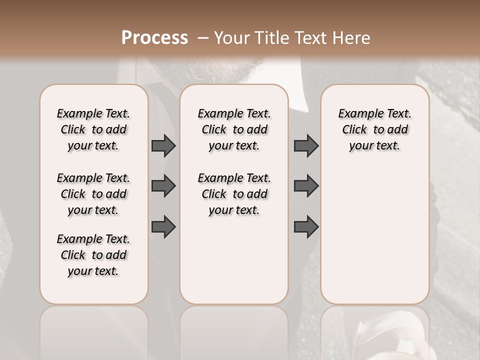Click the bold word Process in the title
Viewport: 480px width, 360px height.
[x=154, y=37]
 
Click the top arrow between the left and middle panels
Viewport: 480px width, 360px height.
[x=163, y=146]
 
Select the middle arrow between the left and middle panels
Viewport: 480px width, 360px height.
[x=163, y=186]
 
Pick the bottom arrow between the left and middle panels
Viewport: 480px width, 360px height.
[x=163, y=227]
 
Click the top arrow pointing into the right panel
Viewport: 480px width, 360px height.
[x=306, y=146]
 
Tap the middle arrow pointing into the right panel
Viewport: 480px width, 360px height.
[x=306, y=186]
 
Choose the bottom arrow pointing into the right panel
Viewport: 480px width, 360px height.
[x=306, y=227]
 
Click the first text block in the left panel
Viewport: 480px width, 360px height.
[x=93, y=129]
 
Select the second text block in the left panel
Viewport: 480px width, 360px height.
[x=93, y=194]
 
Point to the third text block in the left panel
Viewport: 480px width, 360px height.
[x=93, y=255]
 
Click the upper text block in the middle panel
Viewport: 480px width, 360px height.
[x=234, y=129]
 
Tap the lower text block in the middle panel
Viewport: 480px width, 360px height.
[x=234, y=194]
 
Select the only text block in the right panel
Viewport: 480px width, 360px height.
[x=374, y=129]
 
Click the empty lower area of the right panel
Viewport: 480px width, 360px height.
[x=374, y=240]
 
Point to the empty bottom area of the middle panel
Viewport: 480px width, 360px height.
[x=234, y=265]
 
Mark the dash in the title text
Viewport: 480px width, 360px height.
[x=202, y=37]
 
